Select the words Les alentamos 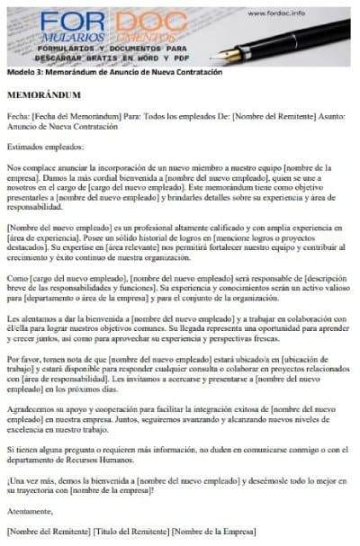point(32,318)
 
